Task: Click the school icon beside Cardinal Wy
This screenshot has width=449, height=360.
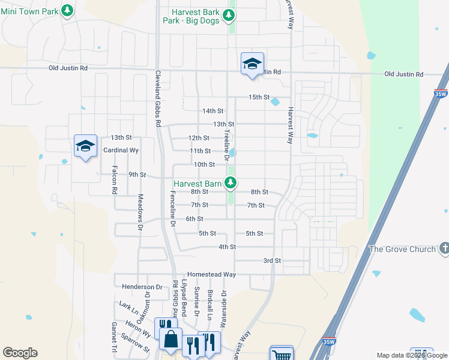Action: click(x=85, y=146)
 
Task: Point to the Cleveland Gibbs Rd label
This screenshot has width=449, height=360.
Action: click(x=158, y=98)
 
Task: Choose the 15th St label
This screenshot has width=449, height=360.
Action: click(x=260, y=97)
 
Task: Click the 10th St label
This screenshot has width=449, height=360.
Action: click(x=204, y=164)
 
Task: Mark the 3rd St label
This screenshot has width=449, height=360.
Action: click(x=272, y=260)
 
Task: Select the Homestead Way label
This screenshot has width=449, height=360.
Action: click(x=211, y=274)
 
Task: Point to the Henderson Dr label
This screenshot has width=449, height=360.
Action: click(x=142, y=287)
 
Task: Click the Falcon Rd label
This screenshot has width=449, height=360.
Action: click(x=112, y=181)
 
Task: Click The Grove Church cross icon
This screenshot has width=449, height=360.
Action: click(x=444, y=247)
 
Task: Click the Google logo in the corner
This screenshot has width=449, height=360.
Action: click(x=20, y=353)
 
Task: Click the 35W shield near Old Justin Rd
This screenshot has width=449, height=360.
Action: click(x=441, y=94)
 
